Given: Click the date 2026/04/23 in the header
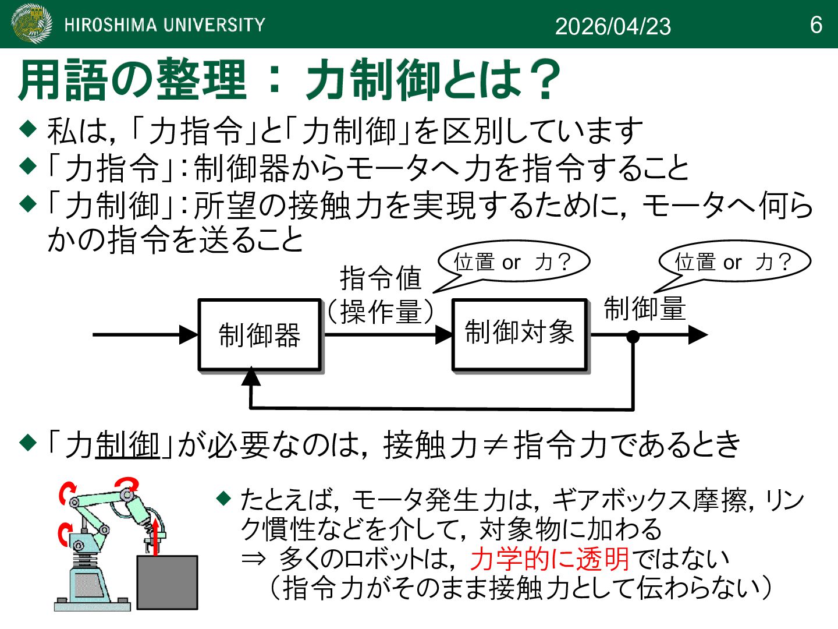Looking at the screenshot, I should (x=613, y=26).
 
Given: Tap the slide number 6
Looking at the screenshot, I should (x=816, y=25).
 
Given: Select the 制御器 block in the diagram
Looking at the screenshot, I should (x=260, y=335).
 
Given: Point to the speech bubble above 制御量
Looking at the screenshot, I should (x=734, y=262).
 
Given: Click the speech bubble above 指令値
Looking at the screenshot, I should (x=513, y=262).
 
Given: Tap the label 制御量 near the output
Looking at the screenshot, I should (x=645, y=308).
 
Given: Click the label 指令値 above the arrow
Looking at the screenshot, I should (x=381, y=277).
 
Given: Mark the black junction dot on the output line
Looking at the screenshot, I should (x=633, y=336).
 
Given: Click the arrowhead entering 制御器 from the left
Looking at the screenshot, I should (x=189, y=335).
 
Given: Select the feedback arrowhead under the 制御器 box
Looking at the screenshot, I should (x=251, y=377).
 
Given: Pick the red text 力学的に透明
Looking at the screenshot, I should (x=550, y=559).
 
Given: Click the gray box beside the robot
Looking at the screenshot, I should (x=167, y=582).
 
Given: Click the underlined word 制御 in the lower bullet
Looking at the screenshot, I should (x=127, y=445).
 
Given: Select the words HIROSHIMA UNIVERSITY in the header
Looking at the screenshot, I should (x=165, y=24).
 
